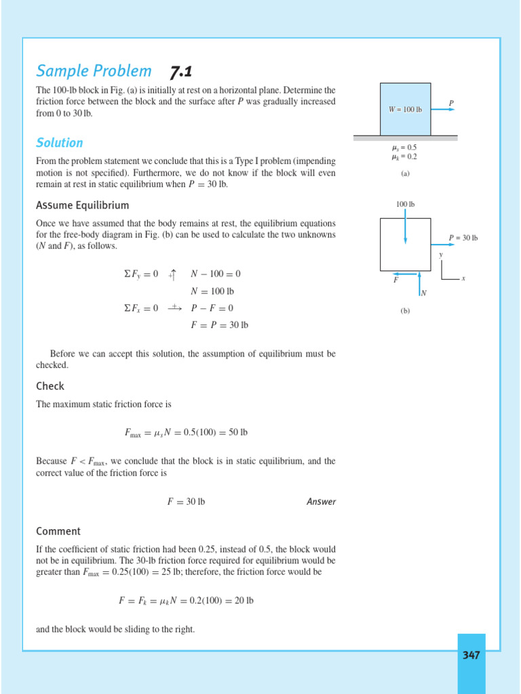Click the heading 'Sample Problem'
94,71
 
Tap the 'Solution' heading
60,143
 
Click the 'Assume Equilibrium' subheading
82,205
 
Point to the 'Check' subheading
50,386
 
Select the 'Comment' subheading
58,531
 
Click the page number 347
471,655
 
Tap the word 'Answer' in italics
321,502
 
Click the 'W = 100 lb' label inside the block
405,110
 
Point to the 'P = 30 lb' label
464,238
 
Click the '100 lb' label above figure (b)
405,204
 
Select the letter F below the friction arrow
396,281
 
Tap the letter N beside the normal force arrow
424,293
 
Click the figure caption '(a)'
405,173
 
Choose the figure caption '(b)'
405,311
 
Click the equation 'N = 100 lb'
212,291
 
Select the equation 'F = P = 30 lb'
219,325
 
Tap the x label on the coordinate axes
463,279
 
